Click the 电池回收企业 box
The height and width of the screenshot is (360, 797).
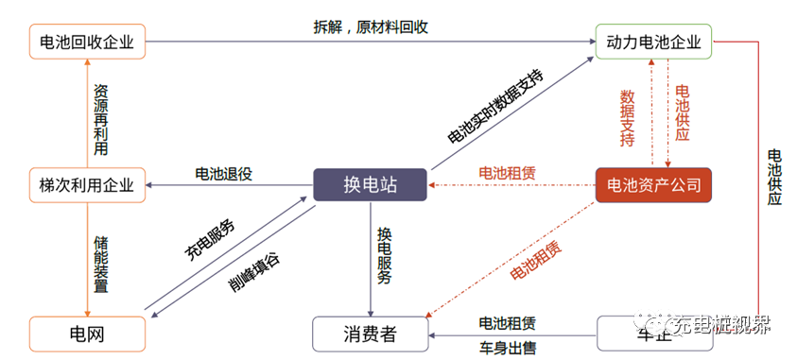(87, 42)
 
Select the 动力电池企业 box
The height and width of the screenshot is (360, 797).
(652, 42)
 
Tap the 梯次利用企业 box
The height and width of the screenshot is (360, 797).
(87, 183)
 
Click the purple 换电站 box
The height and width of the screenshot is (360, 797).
(370, 184)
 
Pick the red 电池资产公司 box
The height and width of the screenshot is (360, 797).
(653, 184)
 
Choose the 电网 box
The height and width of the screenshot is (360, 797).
(87, 334)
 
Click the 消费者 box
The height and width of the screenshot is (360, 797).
(370, 334)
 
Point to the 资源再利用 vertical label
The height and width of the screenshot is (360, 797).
(100, 121)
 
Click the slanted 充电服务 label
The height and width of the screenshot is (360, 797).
(210, 239)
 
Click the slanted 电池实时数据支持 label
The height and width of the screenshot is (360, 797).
(495, 106)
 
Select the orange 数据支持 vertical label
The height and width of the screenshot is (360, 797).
(627, 118)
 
